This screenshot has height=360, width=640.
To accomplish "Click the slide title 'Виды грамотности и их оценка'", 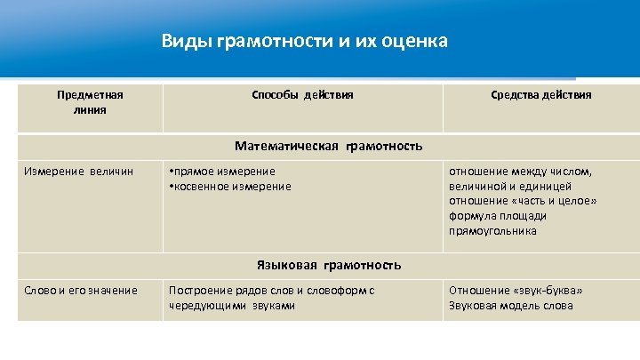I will [x=304, y=42].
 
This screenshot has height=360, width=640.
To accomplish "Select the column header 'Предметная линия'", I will [x=90, y=102].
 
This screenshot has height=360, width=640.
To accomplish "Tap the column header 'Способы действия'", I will [x=302, y=94].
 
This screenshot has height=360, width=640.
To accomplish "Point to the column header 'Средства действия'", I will [x=541, y=94].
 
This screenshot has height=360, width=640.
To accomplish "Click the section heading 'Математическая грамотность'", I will [x=328, y=146].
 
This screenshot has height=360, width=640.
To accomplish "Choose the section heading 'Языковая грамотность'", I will [x=328, y=265].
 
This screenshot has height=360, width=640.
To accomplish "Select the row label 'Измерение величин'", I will [x=79, y=171].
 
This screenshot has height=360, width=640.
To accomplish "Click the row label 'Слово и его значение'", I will [x=81, y=290].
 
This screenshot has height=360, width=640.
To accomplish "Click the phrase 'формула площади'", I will [x=498, y=216].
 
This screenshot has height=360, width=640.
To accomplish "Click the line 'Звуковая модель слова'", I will [x=511, y=305].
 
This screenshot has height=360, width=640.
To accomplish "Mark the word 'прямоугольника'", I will [x=492, y=231].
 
